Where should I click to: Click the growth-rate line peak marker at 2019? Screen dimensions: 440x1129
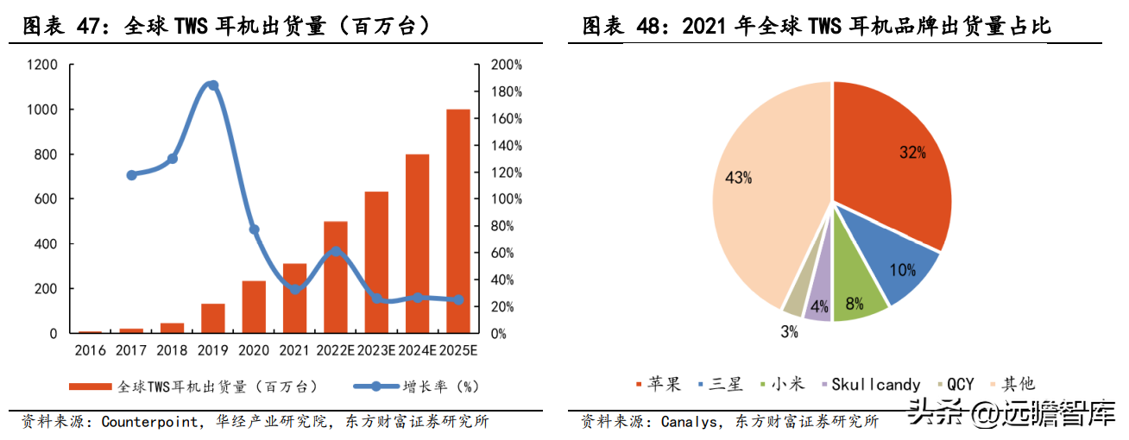coord(213,85)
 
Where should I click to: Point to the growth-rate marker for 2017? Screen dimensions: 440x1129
coord(131,175)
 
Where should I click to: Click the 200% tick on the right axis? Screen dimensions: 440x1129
coord(506,65)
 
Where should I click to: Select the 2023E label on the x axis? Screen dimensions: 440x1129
coord(376,350)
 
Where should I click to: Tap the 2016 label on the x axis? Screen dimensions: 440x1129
coord(90,350)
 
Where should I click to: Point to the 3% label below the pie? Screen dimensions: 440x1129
coord(789,332)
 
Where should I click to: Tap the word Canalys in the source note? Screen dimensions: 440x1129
coord(690,422)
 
